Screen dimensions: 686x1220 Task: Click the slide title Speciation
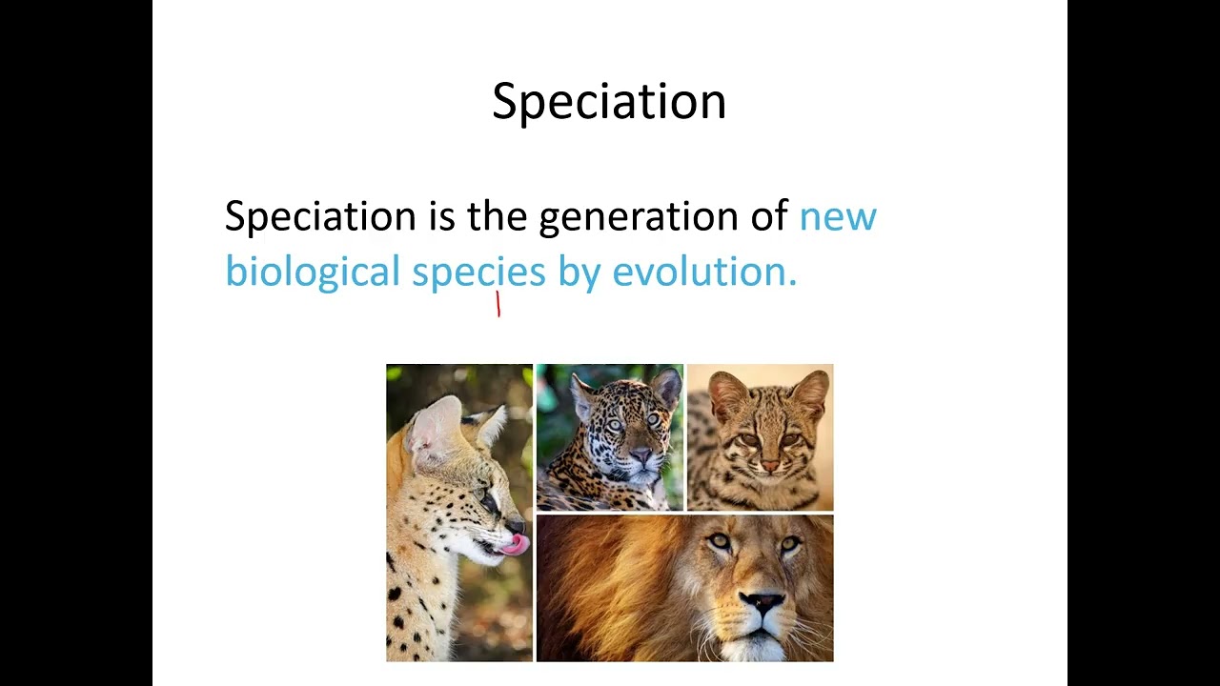pyautogui.click(x=609, y=101)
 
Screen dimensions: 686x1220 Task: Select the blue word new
pyautogui.click(x=837, y=217)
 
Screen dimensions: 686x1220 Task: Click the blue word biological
pyautogui.click(x=312, y=272)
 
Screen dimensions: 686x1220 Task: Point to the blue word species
pyautogui.click(x=478, y=272)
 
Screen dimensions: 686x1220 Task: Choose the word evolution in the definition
pyautogui.click(x=703, y=272)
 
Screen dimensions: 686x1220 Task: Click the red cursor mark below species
pyautogui.click(x=498, y=305)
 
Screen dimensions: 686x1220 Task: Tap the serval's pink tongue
pyautogui.click(x=516, y=544)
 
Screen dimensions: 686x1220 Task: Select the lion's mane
pyautogui.click(x=610, y=581)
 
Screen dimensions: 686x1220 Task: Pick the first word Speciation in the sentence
pyautogui.click(x=320, y=217)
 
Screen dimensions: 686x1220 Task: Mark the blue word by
pyautogui.click(x=579, y=272)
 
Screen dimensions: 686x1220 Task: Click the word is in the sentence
pyautogui.click(x=441, y=217)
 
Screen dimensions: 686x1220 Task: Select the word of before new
pyautogui.click(x=768, y=217)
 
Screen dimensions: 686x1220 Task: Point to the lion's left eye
pyautogui.click(x=720, y=542)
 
